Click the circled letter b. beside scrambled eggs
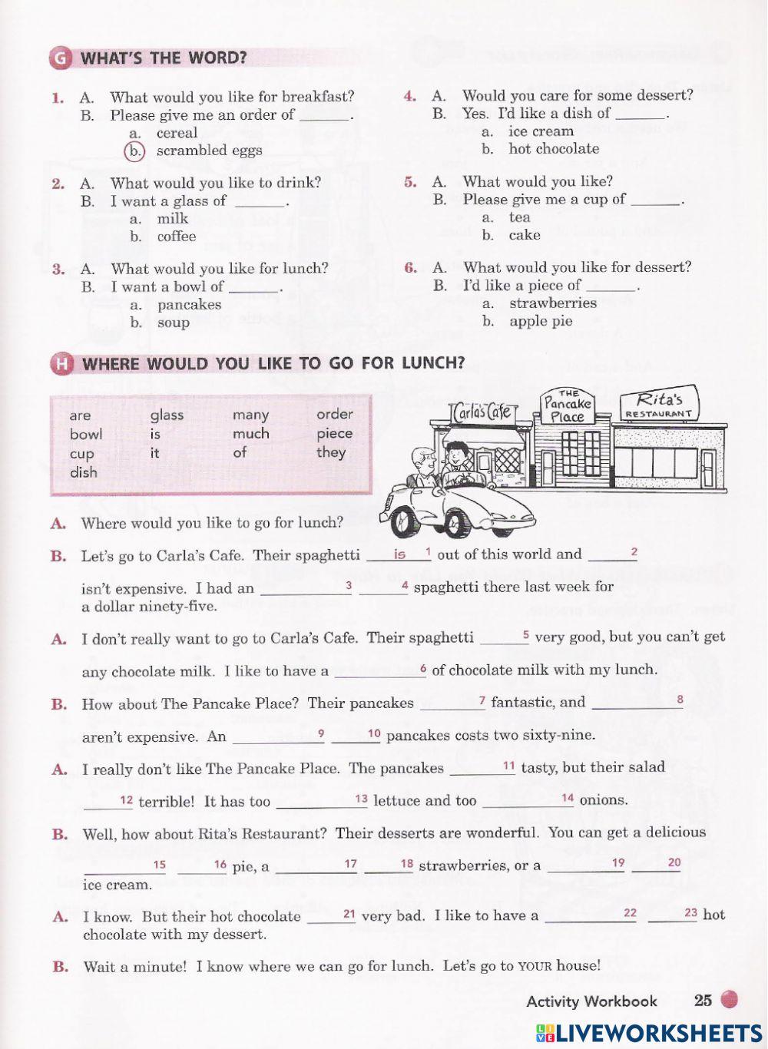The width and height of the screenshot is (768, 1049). click(x=134, y=151)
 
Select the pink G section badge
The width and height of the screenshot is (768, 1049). click(x=60, y=58)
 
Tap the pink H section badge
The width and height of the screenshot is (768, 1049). click(x=60, y=364)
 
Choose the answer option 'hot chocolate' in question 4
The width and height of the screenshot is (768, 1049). click(x=553, y=149)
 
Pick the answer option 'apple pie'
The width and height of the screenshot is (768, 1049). click(x=541, y=321)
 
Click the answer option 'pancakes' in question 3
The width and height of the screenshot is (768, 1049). click(x=189, y=305)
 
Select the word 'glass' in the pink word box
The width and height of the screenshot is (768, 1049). click(x=167, y=415)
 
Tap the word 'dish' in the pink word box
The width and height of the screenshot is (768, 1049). click(x=84, y=472)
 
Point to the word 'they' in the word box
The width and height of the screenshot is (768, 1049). click(x=331, y=452)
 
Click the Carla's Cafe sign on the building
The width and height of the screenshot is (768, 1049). click(x=482, y=412)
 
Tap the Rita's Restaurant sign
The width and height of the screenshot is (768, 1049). click(x=659, y=404)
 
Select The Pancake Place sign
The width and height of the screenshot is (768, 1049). click(x=568, y=407)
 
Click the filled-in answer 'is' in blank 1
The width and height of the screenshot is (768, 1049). click(x=399, y=554)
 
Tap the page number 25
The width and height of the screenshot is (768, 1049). click(x=703, y=1000)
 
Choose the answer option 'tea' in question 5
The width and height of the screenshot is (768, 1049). click(x=519, y=217)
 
